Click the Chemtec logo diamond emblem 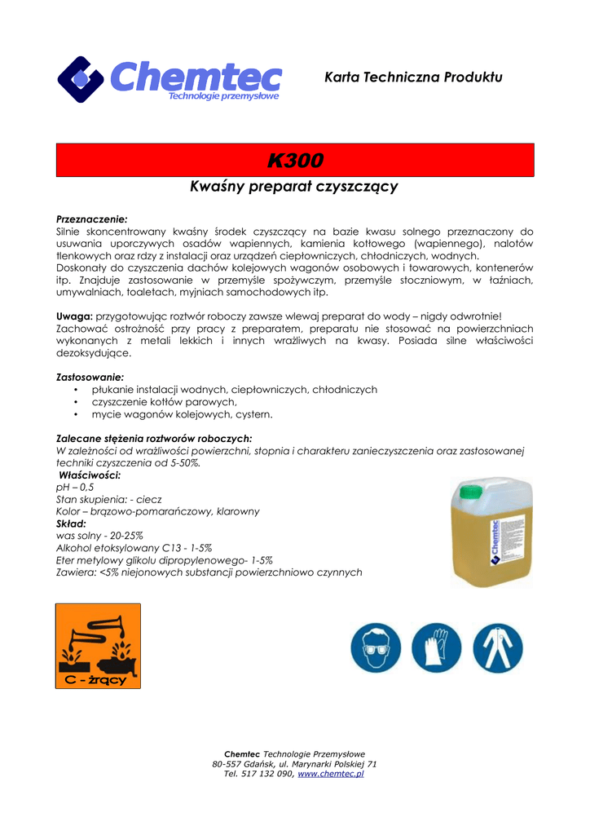80,79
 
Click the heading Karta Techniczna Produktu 413,77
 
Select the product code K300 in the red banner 295,160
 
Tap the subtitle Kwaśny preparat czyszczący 293,187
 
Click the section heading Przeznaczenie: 91,219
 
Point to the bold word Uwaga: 74,316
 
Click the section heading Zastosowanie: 90,378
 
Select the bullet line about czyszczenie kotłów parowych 164,402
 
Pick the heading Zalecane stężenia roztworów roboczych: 153,438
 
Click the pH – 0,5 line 75,487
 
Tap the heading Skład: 71,524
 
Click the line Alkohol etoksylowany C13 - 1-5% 134,548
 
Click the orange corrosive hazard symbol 98,646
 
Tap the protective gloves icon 436,648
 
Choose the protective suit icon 497,648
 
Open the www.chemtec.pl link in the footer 330,774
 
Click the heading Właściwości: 90,475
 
